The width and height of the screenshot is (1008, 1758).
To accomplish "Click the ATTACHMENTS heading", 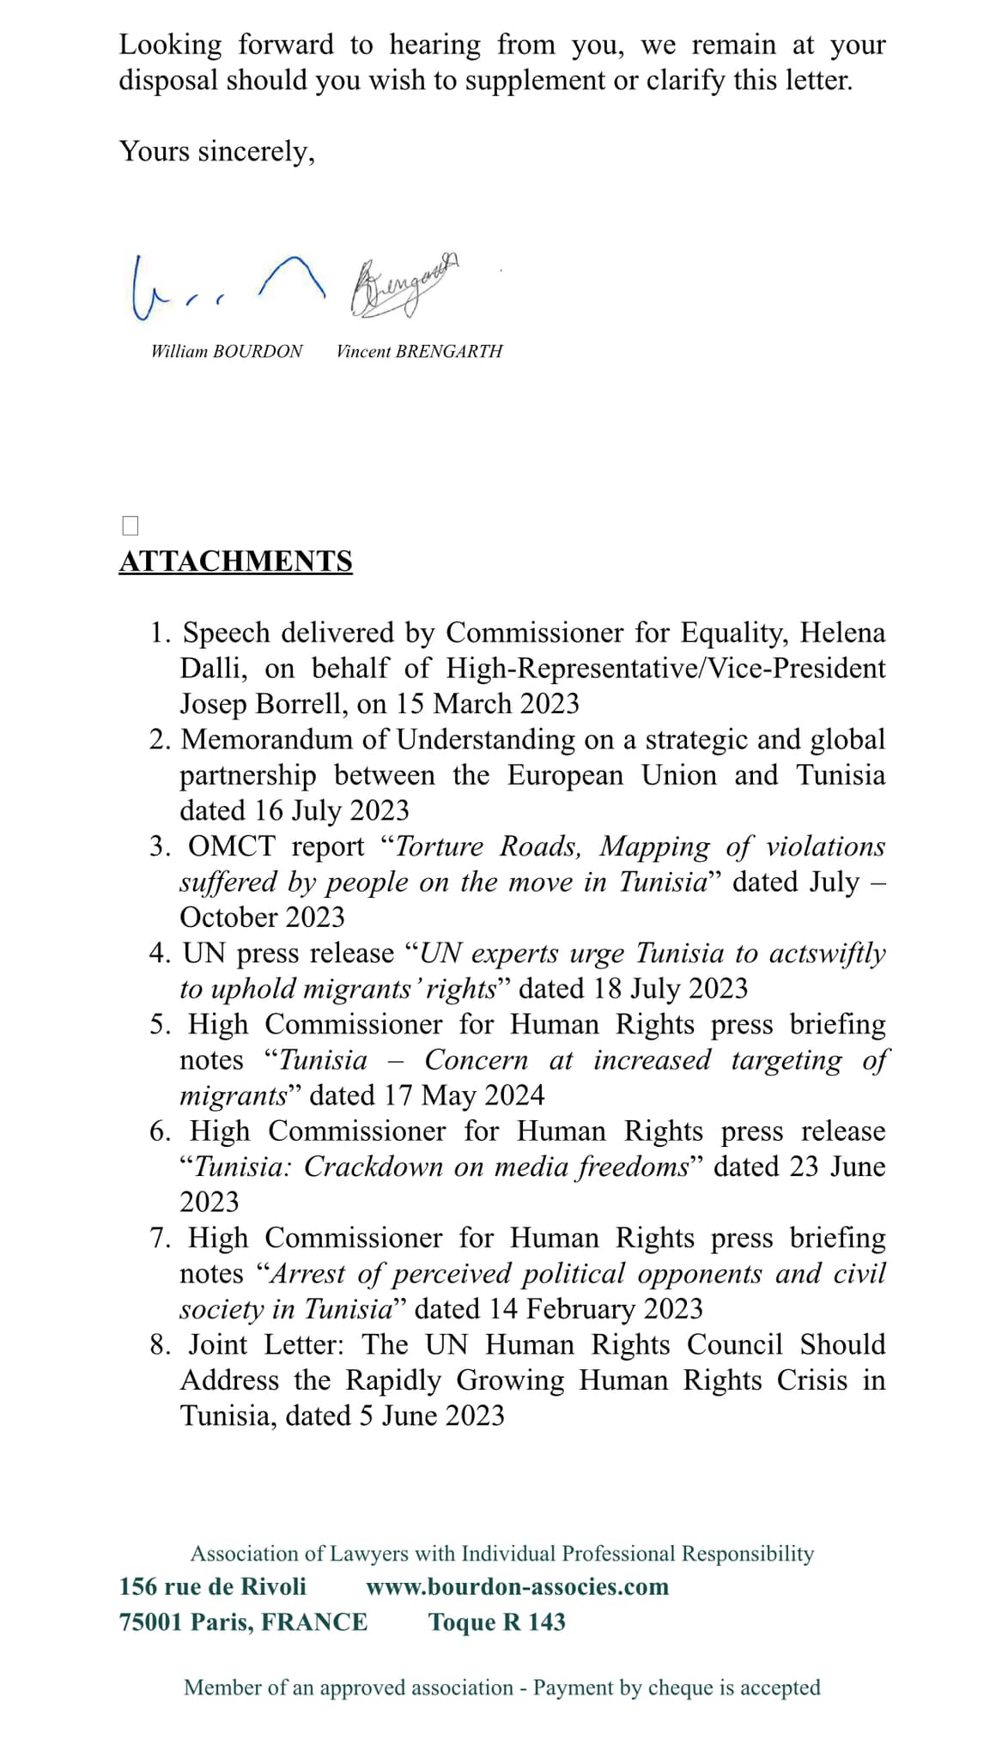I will point(235,561).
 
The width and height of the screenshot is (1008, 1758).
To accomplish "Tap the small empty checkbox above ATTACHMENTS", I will point(131,525).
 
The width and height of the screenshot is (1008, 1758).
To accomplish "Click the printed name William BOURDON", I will point(227,351).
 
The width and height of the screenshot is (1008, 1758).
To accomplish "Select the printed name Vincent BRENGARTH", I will point(419,351).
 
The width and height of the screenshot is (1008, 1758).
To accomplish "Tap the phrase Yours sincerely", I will point(216,151).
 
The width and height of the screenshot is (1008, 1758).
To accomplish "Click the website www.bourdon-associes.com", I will point(517,1586).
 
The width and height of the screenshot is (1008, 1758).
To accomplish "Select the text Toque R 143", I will point(496,1622).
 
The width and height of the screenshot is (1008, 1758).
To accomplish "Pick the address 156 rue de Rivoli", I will point(212,1586).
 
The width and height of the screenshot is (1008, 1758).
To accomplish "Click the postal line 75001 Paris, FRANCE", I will point(243,1622).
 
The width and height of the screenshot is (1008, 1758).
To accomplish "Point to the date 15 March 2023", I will point(487,704).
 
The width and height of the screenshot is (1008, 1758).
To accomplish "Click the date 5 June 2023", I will point(432,1415).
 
